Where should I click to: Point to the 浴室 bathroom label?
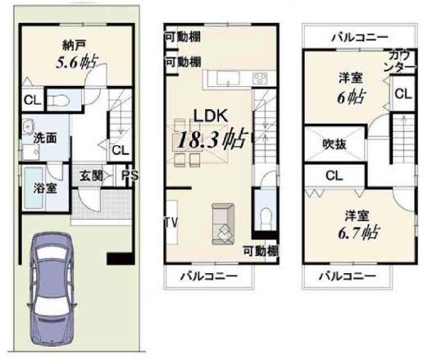45,188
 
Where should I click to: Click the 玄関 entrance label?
91,175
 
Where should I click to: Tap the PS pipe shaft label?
129,175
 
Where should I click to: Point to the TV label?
171,223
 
